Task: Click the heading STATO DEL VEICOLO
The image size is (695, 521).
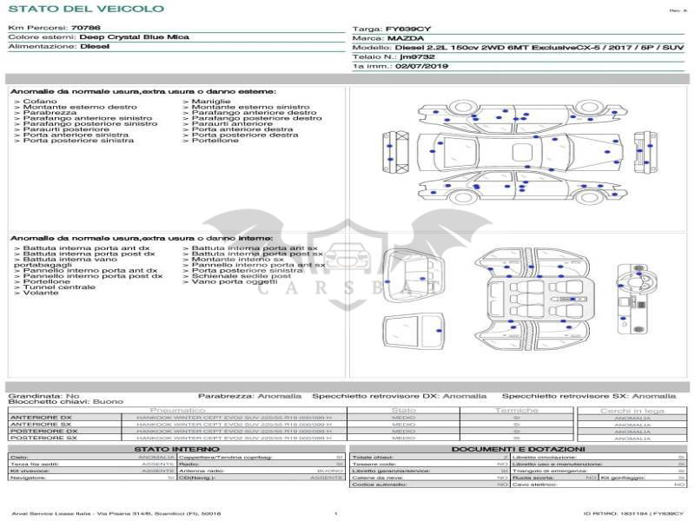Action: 85,9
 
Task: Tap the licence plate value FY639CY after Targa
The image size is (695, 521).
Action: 408,29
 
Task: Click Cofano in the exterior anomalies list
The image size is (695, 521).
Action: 39,102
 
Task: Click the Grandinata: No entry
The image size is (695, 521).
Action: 43,395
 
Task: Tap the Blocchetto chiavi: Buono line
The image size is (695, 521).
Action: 66,402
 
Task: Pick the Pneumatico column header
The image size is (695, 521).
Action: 177,410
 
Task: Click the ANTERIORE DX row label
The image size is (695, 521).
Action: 41,418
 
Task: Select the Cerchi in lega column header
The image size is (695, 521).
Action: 632,410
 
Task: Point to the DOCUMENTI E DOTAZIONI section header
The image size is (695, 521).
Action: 519,449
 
